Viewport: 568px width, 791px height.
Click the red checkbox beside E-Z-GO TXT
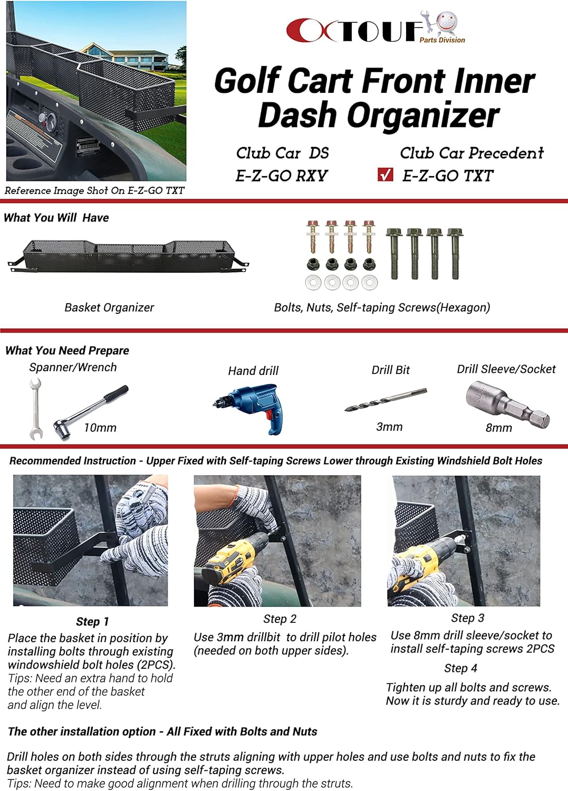(386, 175)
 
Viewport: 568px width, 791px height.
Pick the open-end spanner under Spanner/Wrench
(35, 409)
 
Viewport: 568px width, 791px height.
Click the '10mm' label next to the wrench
(100, 428)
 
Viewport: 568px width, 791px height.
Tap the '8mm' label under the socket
(498, 428)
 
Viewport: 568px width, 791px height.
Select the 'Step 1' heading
(92, 622)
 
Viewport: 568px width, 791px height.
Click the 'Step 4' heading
(460, 668)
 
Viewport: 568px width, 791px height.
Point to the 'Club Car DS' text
(282, 153)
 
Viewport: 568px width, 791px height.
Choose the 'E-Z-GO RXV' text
(282, 176)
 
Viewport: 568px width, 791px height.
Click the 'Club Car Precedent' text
(471, 153)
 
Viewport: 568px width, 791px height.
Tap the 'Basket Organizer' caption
(109, 307)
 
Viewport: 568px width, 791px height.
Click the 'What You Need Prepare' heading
(67, 351)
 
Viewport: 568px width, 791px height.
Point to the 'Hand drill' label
(253, 371)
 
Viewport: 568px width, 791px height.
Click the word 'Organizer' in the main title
(378, 115)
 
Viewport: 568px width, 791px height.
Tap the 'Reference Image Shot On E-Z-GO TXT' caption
(94, 190)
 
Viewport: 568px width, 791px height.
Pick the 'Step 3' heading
(467, 618)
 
